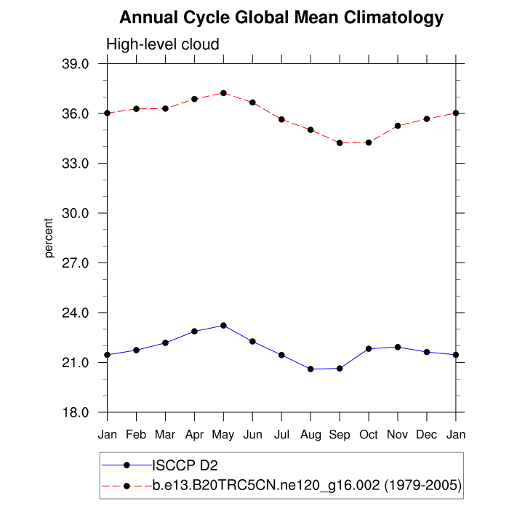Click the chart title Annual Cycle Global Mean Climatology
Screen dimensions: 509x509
[x=281, y=17]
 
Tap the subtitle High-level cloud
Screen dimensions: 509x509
[x=163, y=44]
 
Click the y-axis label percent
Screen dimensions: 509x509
[x=49, y=238]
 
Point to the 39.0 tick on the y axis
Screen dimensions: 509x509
[x=75, y=64]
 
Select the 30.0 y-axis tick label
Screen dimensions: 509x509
[x=75, y=213]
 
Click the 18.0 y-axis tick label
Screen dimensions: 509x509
[x=75, y=412]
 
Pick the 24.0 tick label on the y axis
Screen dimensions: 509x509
[x=75, y=313]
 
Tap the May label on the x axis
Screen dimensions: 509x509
[x=223, y=435]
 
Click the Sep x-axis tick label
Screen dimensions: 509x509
[x=340, y=435]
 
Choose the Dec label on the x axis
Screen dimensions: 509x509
[x=427, y=435]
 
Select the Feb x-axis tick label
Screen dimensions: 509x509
[x=136, y=435]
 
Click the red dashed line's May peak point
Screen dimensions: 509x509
[x=223, y=93]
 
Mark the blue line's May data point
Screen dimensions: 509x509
[x=223, y=325]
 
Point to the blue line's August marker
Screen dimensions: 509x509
[x=310, y=369]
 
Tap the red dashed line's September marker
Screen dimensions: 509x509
[x=340, y=143]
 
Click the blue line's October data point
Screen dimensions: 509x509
[x=369, y=349]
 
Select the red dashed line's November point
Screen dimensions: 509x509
[x=398, y=126]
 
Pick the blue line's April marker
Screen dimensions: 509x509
[x=194, y=331]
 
